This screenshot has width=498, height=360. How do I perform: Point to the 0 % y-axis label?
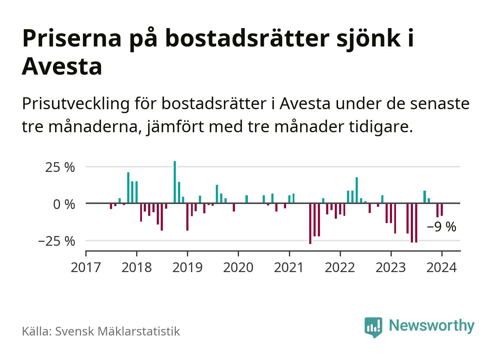coord(64,204)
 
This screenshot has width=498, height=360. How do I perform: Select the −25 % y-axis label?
coord(57,241)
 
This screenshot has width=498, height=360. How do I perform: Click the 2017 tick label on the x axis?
coord(86,268)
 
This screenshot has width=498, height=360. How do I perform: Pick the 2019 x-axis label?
coord(187,268)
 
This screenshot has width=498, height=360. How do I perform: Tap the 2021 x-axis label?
coord(289,268)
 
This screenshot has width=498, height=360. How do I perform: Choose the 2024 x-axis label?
coord(441,268)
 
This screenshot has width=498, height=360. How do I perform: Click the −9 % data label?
coord(441,227)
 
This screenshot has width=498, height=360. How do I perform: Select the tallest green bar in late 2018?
coord(175,182)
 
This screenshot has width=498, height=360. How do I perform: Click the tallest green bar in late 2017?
coord(128,188)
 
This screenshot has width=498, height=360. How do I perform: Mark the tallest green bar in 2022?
coord(357,190)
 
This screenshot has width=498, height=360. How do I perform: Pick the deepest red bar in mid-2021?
coord(310,223)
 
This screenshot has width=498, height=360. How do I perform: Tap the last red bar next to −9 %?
coord(442,210)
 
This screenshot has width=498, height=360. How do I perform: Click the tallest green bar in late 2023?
coord(425,197)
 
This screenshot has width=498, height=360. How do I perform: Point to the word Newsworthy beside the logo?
coord(432,325)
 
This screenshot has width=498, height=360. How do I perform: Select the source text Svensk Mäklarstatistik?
coord(117,331)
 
